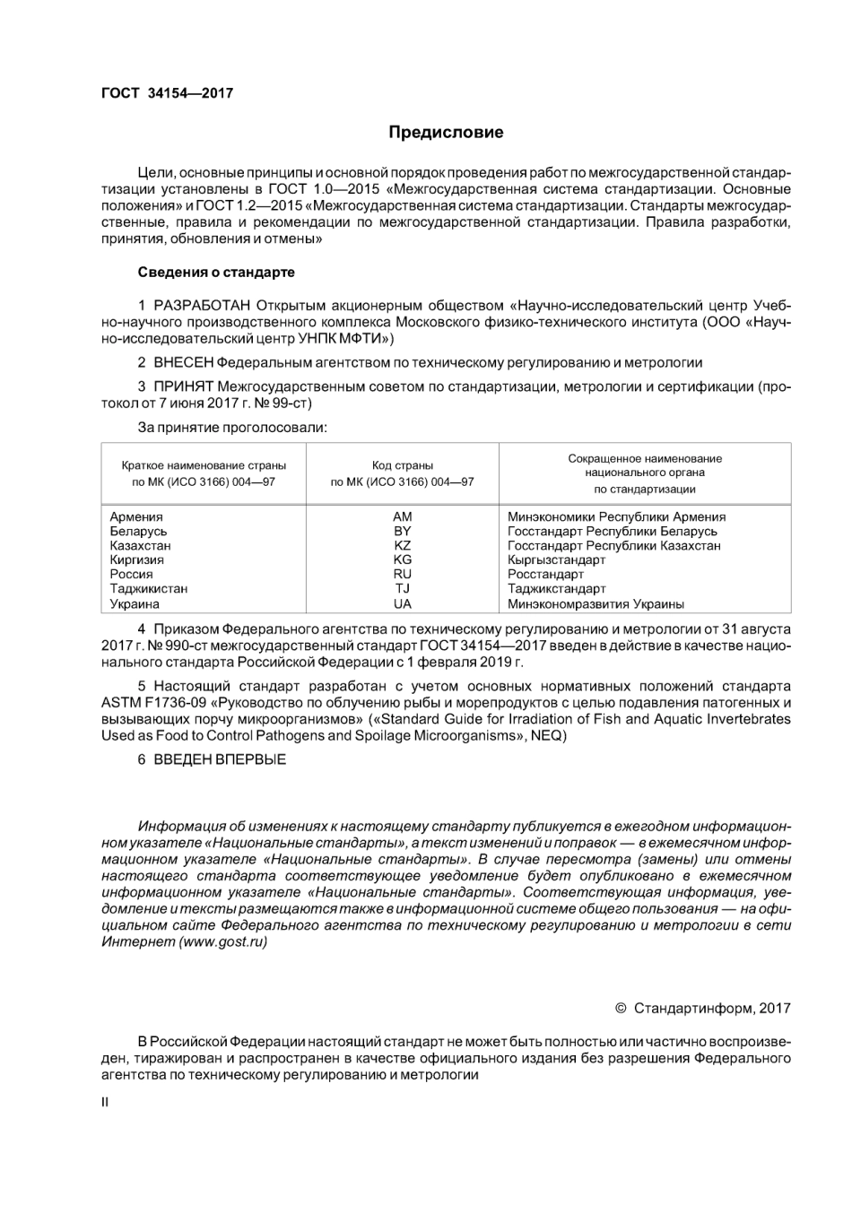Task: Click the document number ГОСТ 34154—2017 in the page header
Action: point(167,92)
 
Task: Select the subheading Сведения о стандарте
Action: point(216,272)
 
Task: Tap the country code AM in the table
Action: point(403,516)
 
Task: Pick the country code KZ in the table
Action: point(403,545)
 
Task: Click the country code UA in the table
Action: point(403,604)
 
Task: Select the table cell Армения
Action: point(136,516)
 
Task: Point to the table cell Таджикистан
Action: point(149,589)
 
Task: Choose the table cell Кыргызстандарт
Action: point(556,559)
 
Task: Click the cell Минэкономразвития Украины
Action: point(596,604)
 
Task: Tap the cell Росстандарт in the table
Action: point(545,575)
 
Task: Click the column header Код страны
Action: point(403,465)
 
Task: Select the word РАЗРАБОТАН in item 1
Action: point(203,306)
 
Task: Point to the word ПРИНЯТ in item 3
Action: point(184,386)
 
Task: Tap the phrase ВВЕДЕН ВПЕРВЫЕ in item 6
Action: point(220,759)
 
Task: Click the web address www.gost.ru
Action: point(223,941)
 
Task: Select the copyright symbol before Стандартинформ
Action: point(621,1008)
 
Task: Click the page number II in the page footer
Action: point(105,1102)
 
